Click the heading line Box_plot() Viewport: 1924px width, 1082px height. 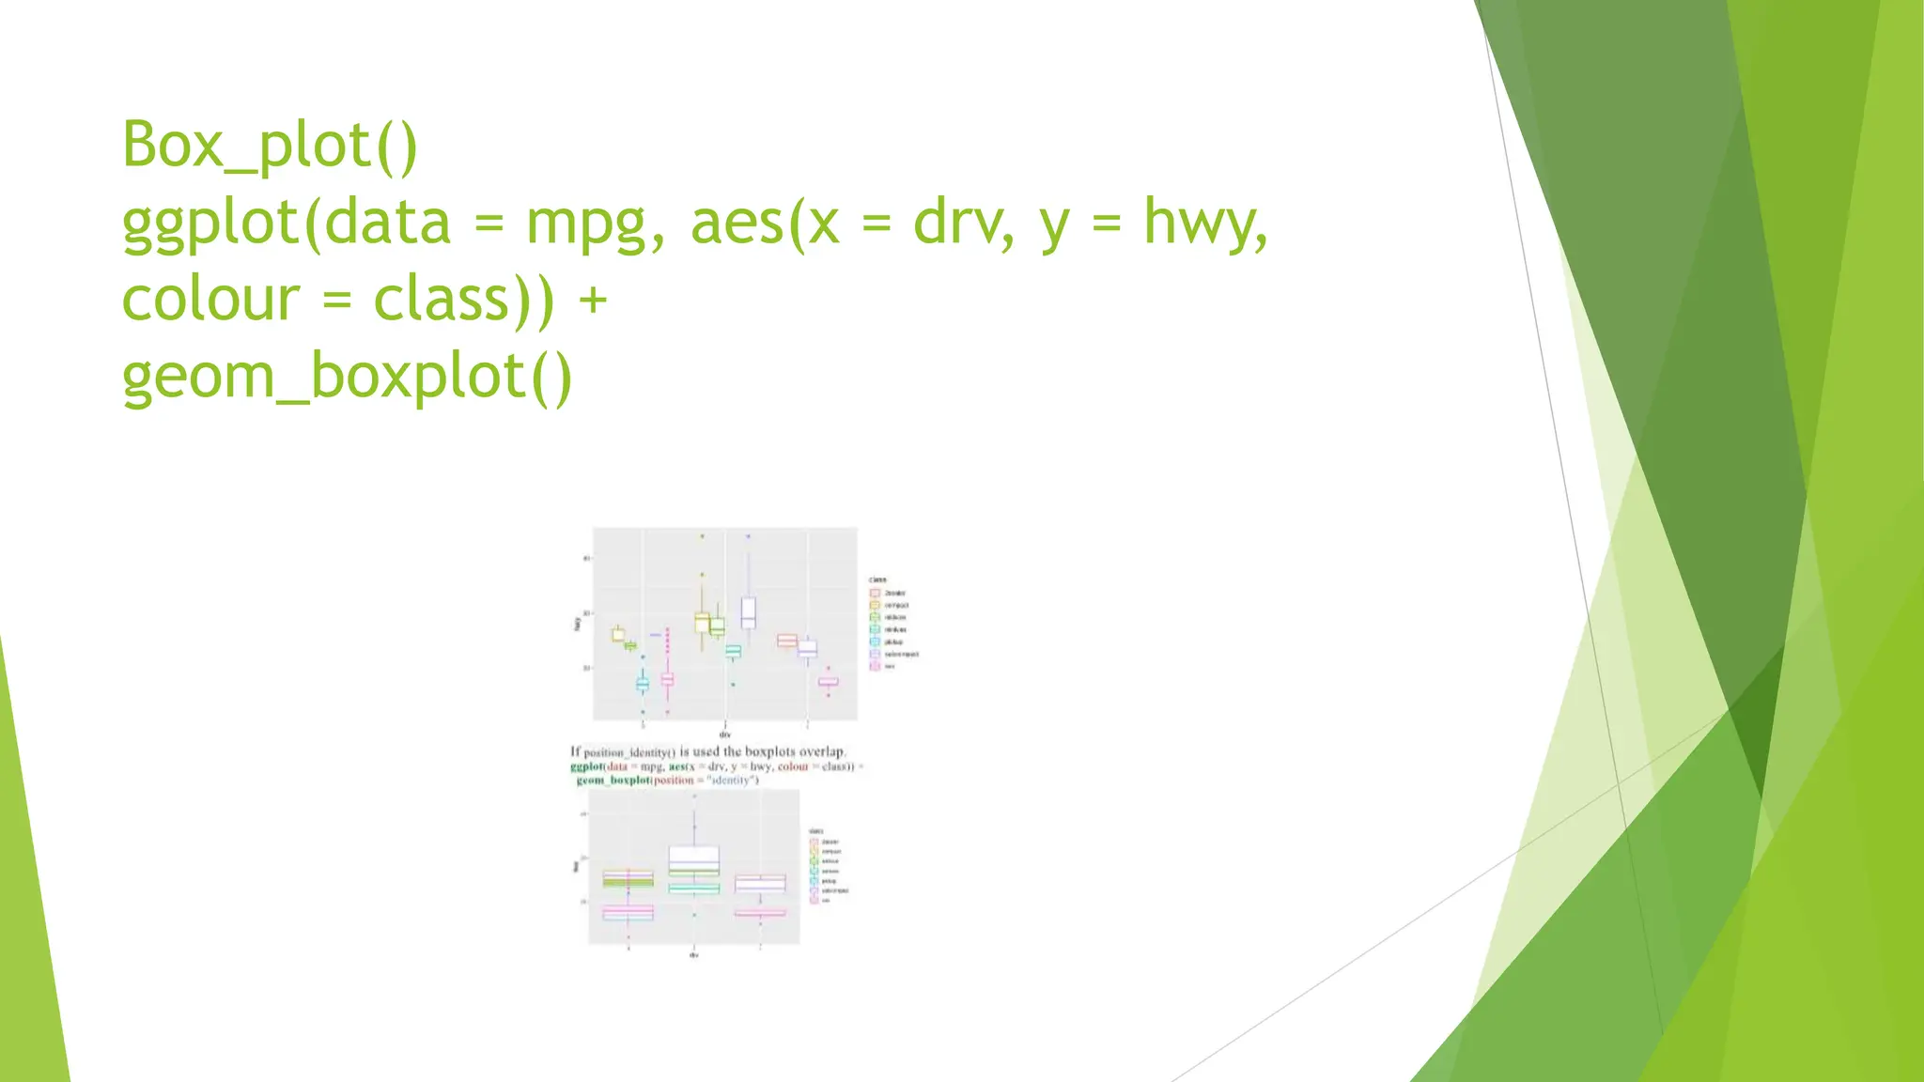[270, 145]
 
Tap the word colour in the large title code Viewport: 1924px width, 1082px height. [210, 300]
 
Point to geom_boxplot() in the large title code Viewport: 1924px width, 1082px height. [347, 377]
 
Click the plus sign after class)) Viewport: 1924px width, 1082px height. [593, 300]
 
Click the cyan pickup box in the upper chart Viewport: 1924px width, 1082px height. [643, 684]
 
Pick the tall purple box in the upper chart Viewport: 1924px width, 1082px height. [749, 612]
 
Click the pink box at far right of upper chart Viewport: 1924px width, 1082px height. [828, 682]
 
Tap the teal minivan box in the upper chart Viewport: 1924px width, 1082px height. [733, 650]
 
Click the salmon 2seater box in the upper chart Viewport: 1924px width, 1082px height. [787, 641]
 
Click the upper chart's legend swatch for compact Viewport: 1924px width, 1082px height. [875, 606]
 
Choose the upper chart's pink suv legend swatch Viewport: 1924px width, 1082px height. [875, 666]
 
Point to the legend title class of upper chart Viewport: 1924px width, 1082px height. [877, 580]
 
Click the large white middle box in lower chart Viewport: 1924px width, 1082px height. [694, 860]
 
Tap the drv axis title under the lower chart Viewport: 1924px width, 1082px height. [693, 954]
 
